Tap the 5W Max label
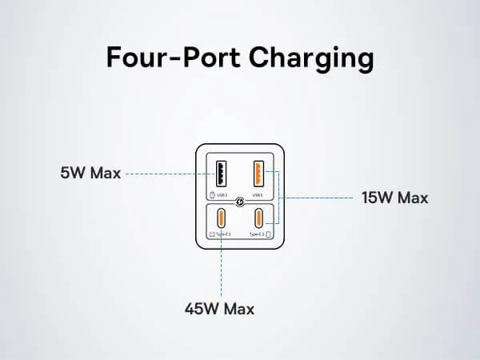point(90,173)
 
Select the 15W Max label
point(395,198)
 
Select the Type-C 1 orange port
point(220,218)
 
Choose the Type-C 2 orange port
point(259,218)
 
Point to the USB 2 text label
point(222,194)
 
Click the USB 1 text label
point(258,194)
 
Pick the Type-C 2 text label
point(256,234)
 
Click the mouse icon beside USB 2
point(211,194)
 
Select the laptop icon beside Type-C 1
point(212,234)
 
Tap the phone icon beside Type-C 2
point(268,234)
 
